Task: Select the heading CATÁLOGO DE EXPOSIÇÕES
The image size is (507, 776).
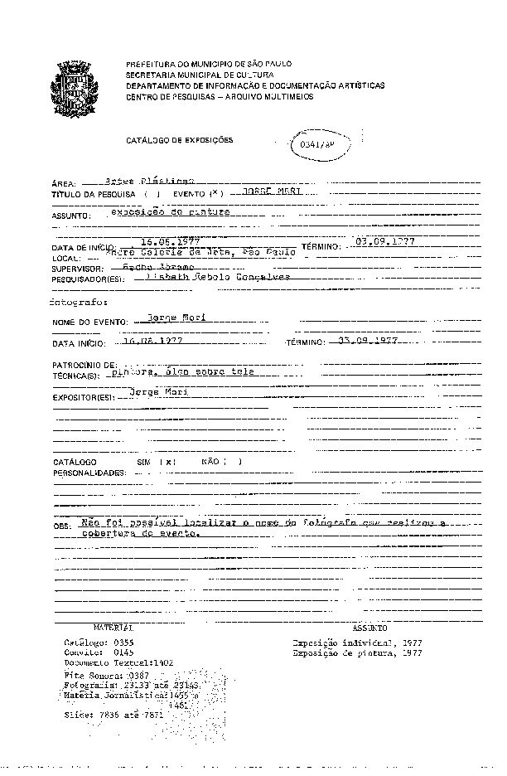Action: tap(179, 140)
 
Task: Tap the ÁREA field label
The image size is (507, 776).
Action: tap(64, 182)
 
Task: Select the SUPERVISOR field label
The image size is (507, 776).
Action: tap(77, 269)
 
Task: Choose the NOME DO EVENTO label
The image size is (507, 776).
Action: tap(89, 322)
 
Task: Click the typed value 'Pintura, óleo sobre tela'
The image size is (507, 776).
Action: tap(184, 372)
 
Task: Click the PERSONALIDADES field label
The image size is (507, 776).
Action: tap(89, 473)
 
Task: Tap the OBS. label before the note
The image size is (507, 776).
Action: tap(62, 526)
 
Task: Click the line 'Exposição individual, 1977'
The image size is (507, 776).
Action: tap(357, 643)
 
